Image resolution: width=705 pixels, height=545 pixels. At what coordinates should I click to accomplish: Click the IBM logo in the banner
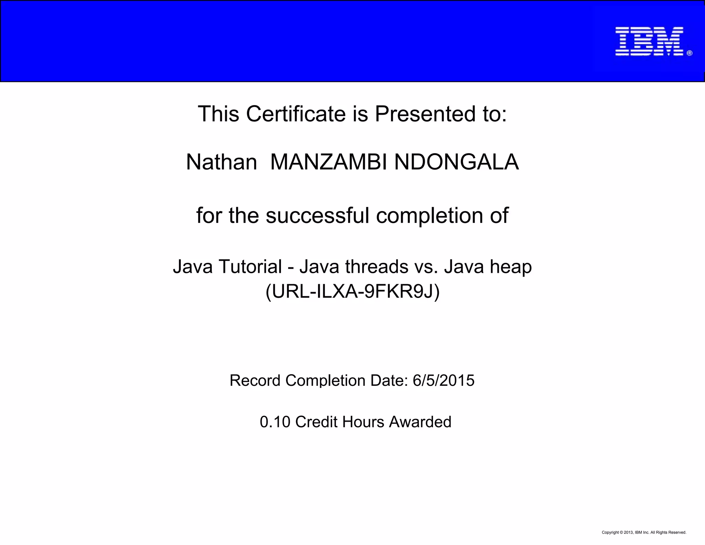[x=649, y=41]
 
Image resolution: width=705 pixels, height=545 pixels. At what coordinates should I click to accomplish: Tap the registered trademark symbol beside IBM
[x=689, y=53]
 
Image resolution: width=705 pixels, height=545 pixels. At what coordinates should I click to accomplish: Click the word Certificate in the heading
[x=296, y=114]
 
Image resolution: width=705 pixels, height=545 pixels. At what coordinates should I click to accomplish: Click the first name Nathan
[x=221, y=162]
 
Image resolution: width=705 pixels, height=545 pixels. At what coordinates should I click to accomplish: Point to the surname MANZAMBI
[x=328, y=162]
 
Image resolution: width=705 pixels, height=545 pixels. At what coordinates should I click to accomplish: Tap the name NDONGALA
[x=456, y=162]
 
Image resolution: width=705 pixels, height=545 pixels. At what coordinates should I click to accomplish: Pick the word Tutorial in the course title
[x=250, y=267]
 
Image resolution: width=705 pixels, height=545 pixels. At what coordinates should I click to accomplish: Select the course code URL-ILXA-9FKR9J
[x=352, y=291]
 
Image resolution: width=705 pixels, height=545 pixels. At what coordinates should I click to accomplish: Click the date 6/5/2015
[x=443, y=381]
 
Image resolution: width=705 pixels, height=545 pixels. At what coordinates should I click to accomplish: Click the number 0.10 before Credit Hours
[x=275, y=422]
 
